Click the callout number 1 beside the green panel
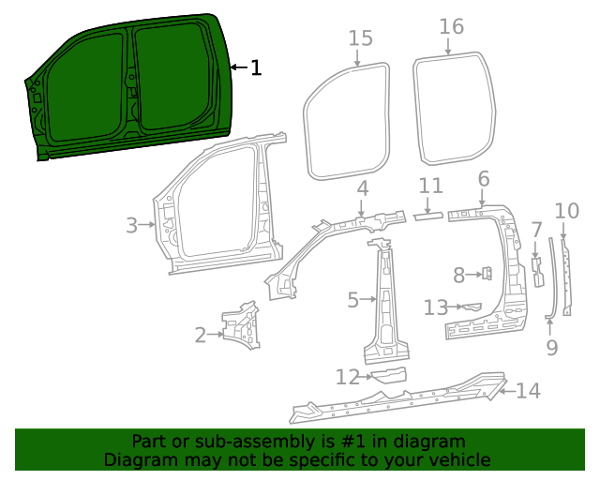256,67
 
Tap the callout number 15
360,38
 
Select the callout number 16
452,27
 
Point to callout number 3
131,225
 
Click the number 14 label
529,390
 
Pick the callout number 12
348,377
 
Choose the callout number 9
551,348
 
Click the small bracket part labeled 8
487,274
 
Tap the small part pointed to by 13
472,307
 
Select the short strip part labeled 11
427,217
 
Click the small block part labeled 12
389,375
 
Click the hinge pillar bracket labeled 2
241,325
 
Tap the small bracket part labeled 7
537,272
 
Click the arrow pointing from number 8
474,275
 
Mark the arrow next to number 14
507,391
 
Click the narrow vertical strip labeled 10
566,277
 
